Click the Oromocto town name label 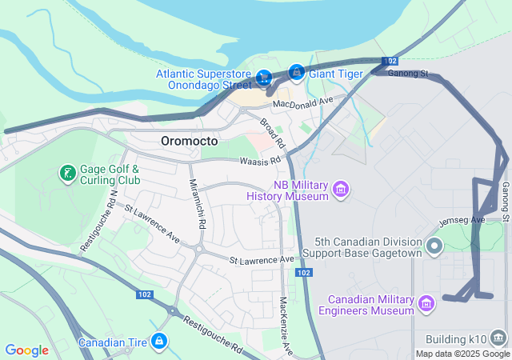click(x=189, y=141)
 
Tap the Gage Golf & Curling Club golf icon click(x=67, y=173)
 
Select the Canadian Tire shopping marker click(x=160, y=342)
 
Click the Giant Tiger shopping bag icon click(x=297, y=74)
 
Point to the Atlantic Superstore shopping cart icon click(x=264, y=78)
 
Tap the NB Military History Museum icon click(x=342, y=189)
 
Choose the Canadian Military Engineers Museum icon click(x=426, y=303)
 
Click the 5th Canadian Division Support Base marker click(x=434, y=246)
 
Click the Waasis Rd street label click(x=261, y=161)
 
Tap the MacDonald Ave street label click(x=302, y=102)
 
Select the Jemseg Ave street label click(x=462, y=220)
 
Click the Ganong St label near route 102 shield click(x=408, y=74)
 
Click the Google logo click(x=26, y=350)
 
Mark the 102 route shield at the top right click(x=390, y=62)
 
